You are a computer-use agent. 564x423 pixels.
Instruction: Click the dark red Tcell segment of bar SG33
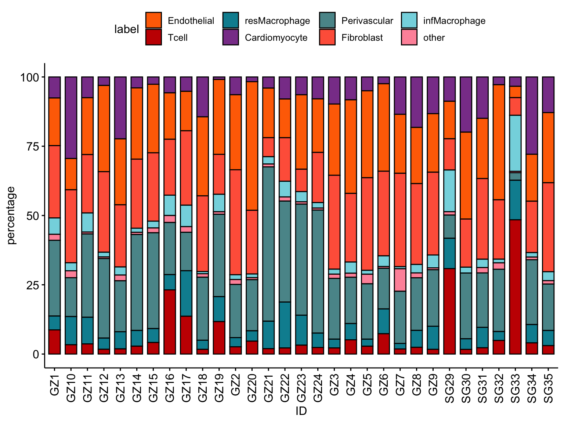click(x=515, y=287)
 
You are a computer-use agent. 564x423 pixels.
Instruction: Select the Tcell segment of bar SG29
click(x=449, y=311)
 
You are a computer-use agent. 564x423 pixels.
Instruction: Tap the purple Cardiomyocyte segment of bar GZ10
click(x=71, y=117)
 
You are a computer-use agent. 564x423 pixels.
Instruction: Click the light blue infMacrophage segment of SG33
click(x=515, y=143)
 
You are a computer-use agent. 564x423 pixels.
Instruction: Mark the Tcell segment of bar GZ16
click(x=170, y=322)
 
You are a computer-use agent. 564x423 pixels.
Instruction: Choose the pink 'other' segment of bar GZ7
click(x=400, y=280)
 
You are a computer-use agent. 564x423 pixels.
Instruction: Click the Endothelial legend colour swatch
click(x=153, y=21)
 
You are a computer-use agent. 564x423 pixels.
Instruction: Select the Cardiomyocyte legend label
click(x=276, y=38)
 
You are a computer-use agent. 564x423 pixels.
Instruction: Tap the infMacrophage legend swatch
click(x=409, y=21)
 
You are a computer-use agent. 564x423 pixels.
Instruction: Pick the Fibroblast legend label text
click(x=362, y=38)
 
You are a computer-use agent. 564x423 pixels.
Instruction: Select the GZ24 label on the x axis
click(x=318, y=387)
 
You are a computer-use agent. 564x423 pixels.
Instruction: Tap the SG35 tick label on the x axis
click(x=548, y=387)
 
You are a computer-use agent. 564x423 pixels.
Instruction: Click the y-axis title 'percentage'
click(x=12, y=215)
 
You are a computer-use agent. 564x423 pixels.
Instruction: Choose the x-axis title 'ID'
click(x=301, y=412)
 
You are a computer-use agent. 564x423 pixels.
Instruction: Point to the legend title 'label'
click(x=126, y=29)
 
